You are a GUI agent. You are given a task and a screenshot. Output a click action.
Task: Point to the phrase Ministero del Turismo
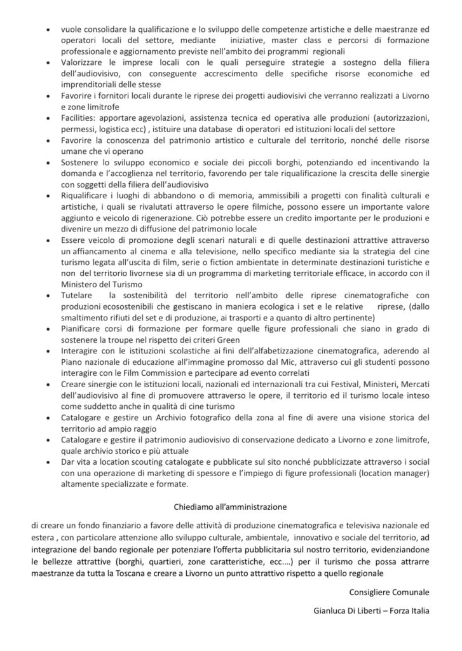tap(102, 284)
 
